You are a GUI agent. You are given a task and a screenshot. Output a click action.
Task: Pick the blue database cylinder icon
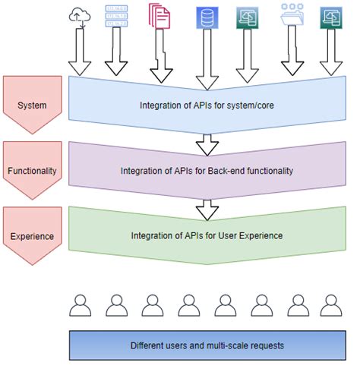tap(204, 17)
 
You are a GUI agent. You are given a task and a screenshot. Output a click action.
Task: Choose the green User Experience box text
tap(201, 235)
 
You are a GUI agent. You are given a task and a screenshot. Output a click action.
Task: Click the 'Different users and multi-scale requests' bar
tap(206, 345)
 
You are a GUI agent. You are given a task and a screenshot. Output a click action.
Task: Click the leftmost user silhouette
tap(80, 304)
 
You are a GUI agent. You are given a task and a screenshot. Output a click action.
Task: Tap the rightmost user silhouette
tap(329, 304)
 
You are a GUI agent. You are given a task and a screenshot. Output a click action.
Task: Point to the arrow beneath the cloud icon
tap(80, 55)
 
